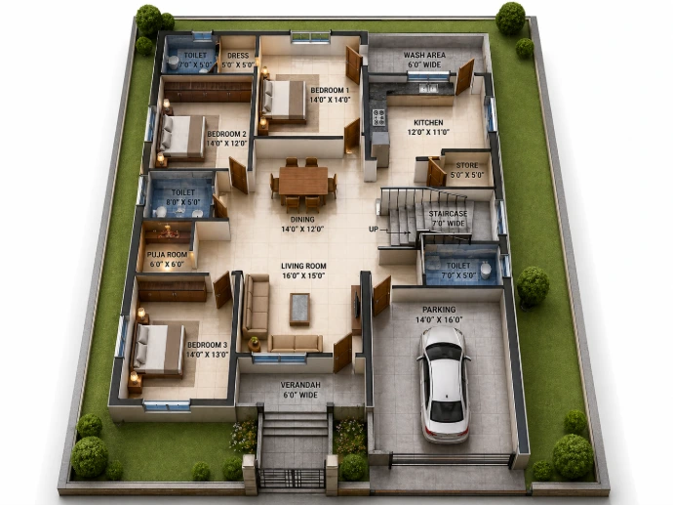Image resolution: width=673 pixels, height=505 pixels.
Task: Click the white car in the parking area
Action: click(444, 384)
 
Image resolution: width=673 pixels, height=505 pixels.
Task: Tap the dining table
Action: click(303, 181)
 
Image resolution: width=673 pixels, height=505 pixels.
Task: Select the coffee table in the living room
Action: click(299, 309)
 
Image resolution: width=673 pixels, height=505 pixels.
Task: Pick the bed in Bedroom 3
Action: click(157, 350)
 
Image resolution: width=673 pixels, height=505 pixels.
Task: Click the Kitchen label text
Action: click(428, 122)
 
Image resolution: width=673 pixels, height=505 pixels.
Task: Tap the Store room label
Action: click(467, 165)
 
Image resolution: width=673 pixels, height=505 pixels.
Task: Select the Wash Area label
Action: click(424, 55)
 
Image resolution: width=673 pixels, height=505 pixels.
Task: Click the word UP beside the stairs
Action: click(374, 230)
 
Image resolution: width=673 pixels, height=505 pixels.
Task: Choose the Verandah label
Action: click(300, 385)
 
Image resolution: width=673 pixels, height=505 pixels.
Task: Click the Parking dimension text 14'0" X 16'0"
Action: click(439, 319)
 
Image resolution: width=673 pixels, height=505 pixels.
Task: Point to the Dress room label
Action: click(238, 56)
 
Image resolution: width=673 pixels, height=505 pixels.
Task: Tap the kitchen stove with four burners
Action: click(378, 117)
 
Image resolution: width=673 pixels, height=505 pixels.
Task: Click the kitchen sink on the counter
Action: click(428, 89)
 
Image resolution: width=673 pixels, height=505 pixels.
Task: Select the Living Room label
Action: click(303, 266)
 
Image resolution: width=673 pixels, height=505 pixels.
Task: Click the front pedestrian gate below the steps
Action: click(292, 478)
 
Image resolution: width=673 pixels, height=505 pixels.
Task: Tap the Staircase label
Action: click(448, 214)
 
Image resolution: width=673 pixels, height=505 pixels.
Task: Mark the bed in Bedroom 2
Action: click(182, 136)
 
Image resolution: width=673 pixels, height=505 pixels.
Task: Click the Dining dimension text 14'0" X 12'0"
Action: click(302, 230)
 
